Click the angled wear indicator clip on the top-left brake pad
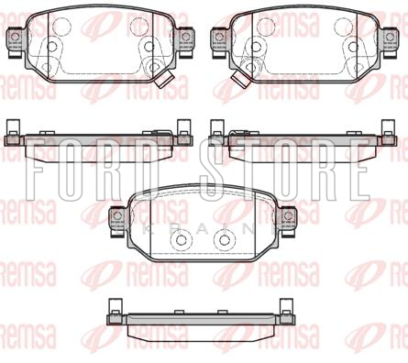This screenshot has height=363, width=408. [x=163, y=80]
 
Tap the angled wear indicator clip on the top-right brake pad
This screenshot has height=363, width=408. [x=240, y=80]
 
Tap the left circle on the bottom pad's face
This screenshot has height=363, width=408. [x=182, y=240]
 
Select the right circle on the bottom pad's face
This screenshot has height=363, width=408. [x=225, y=240]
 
